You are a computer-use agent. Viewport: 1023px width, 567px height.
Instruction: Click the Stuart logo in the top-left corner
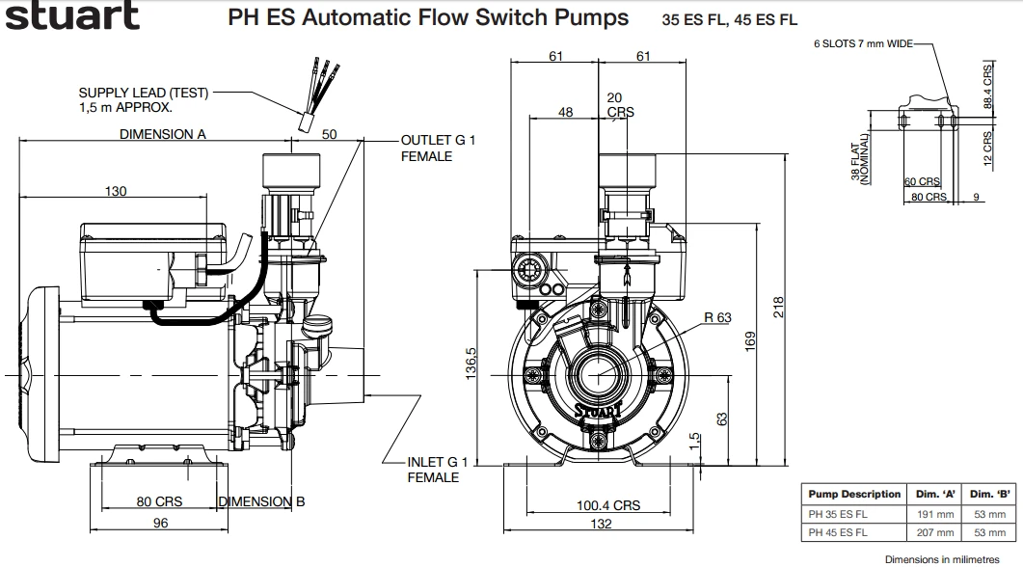(72, 15)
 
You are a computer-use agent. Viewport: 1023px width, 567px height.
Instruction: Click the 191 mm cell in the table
(935, 514)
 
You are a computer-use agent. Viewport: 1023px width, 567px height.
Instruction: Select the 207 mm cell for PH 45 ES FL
(935, 532)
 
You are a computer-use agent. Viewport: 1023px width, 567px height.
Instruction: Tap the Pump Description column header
(854, 494)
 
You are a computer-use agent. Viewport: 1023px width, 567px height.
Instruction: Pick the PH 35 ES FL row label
(838, 514)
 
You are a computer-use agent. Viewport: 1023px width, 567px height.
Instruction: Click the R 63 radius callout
(717, 318)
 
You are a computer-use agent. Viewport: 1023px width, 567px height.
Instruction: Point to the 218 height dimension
(778, 308)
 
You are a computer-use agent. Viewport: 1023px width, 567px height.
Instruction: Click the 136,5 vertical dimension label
(471, 364)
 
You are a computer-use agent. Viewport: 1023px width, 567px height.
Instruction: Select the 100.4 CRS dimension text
(608, 505)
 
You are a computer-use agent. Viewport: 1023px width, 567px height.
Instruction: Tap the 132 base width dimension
(601, 524)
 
